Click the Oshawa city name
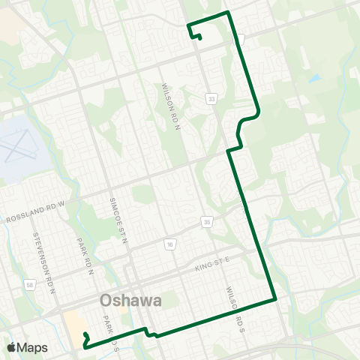[x=130, y=301]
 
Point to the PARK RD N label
[x=85, y=258]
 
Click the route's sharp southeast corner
[x=276, y=298]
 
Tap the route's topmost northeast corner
[x=227, y=13]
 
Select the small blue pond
[x=313, y=78]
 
